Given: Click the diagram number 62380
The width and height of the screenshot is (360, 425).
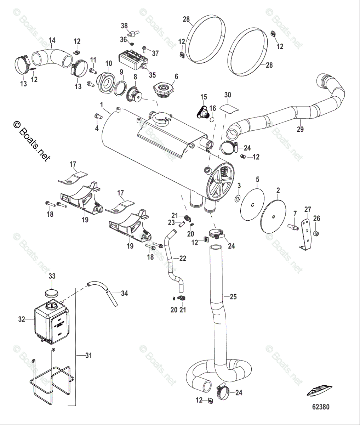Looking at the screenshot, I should click(320, 407).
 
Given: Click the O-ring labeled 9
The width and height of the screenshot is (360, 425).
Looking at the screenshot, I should click(121, 86).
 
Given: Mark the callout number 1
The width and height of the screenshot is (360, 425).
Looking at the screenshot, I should click(101, 105).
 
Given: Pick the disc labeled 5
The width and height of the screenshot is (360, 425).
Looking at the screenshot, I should click(252, 205).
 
